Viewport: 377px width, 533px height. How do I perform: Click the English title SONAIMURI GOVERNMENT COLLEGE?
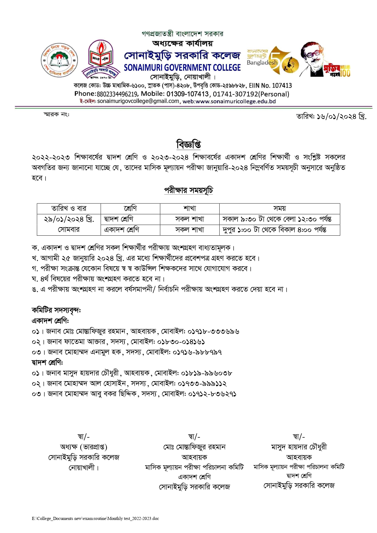pyautogui.click(x=182, y=67)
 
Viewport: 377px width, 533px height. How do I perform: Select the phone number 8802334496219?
pyautogui.click(x=118, y=94)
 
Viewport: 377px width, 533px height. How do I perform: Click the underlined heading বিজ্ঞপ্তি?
pyautogui.click(x=188, y=144)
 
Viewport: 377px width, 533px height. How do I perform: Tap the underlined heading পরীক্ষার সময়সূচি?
pyautogui.click(x=188, y=190)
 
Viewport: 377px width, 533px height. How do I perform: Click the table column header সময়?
pyautogui.click(x=279, y=208)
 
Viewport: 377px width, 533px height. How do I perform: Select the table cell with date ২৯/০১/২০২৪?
pyautogui.click(x=69, y=219)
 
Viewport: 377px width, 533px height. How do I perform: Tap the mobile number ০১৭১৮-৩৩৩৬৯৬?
pyautogui.click(x=213, y=331)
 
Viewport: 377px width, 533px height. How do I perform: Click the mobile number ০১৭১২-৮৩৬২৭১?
pyautogui.click(x=212, y=394)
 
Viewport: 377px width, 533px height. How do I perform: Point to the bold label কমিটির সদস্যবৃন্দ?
pyautogui.click(x=56, y=310)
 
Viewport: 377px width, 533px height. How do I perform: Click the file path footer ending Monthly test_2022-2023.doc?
pyautogui.click(x=95, y=518)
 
